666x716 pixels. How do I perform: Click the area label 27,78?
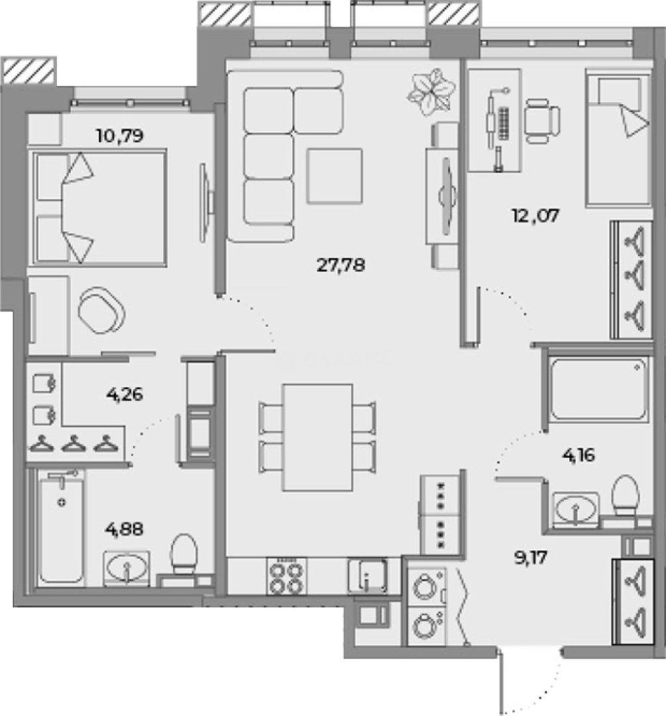(x=341, y=266)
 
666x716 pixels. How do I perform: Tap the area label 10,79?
(x=120, y=137)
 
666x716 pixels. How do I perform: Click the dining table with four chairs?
(x=317, y=437)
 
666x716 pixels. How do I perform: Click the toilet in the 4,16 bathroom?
(x=625, y=496)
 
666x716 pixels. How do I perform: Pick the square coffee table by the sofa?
(x=334, y=176)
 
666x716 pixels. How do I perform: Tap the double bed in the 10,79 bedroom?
(x=98, y=206)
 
